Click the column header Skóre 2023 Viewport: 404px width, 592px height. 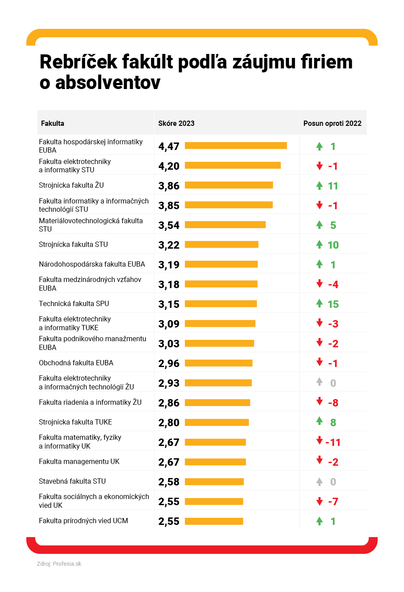(176, 123)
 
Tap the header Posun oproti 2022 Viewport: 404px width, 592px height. (332, 123)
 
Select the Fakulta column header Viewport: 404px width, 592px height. (52, 123)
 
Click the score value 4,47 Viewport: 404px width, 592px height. (169, 146)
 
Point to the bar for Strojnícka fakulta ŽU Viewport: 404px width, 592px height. (229, 185)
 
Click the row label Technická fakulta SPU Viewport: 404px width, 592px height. (74, 304)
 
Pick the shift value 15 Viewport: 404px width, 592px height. (333, 304)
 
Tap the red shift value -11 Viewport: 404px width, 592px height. (333, 442)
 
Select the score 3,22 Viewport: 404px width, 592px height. (169, 245)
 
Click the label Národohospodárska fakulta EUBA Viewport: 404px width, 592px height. (92, 264)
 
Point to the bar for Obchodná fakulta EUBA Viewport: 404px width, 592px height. (219, 363)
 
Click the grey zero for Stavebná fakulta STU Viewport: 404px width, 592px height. (333, 482)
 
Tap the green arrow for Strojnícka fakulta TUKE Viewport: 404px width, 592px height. (320, 421)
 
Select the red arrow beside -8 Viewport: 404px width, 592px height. (320, 401)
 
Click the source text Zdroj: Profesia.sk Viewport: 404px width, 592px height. (59, 564)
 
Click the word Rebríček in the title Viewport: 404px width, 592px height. (79, 62)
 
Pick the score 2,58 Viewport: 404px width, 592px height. (169, 482)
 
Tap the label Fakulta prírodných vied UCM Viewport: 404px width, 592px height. (83, 521)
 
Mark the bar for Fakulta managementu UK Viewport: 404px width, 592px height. (215, 462)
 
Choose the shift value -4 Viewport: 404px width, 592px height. (333, 285)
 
